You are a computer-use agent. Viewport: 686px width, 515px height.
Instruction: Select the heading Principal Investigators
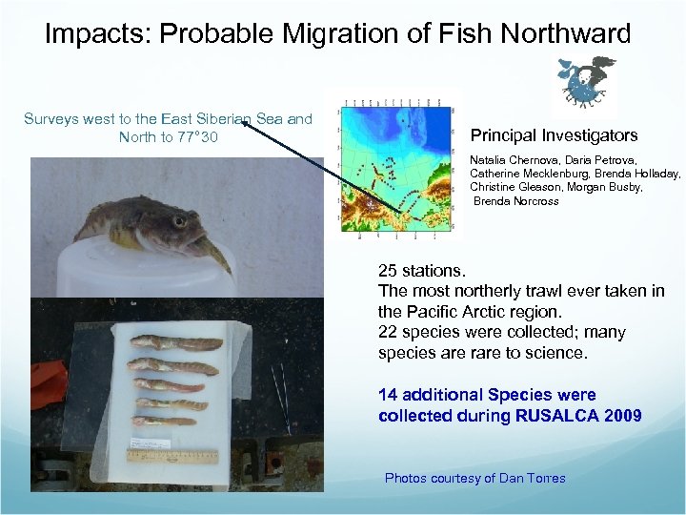point(554,135)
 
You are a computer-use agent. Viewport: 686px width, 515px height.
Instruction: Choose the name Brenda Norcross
point(515,201)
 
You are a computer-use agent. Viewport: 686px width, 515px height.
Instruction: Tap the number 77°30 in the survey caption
point(197,137)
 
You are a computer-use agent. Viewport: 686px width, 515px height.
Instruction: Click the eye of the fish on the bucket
point(178,222)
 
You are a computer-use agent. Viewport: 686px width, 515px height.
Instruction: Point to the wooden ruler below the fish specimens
point(172,457)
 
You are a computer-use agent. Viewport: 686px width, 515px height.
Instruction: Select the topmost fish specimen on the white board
point(175,342)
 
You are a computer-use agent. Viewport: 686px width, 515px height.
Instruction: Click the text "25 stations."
point(421,270)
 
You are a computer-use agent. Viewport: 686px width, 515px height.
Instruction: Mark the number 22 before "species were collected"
point(388,333)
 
